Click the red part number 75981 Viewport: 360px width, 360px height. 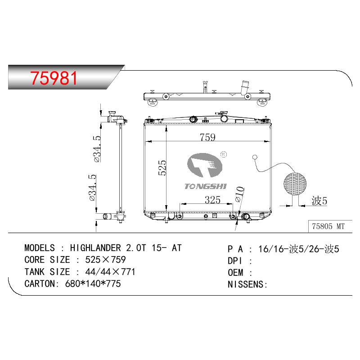point(54,78)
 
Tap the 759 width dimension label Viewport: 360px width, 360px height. point(207,137)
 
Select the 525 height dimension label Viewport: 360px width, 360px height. point(162,168)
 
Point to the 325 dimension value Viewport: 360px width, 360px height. point(212,200)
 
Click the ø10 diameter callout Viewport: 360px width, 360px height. point(240,194)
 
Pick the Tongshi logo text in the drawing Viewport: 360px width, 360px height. point(206,186)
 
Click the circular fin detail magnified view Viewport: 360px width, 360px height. point(295,184)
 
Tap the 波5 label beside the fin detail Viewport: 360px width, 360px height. point(319,201)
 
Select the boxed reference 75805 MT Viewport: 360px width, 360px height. point(328,226)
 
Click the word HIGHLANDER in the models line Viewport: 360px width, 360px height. point(95,248)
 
